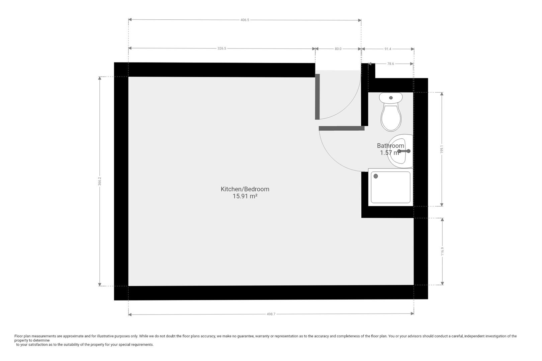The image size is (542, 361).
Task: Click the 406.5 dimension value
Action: (x=245, y=20)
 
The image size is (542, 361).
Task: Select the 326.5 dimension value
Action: (x=222, y=48)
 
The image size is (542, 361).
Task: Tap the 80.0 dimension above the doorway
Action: (x=338, y=49)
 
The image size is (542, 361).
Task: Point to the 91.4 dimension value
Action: (x=388, y=49)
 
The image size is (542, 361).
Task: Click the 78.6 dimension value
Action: (x=390, y=64)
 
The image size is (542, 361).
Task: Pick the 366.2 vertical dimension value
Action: (x=100, y=181)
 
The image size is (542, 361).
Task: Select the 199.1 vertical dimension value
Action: (x=442, y=149)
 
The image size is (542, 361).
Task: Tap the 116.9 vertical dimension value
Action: (x=442, y=251)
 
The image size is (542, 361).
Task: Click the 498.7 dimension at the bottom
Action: (x=271, y=314)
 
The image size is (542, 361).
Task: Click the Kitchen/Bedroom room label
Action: (x=245, y=189)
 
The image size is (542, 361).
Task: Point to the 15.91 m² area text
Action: (x=245, y=197)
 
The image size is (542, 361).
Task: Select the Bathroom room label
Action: (x=390, y=146)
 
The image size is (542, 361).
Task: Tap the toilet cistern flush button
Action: (x=391, y=98)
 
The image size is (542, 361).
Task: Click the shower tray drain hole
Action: (x=376, y=176)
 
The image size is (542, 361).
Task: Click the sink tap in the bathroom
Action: (x=404, y=151)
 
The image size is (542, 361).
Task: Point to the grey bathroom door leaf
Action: (x=342, y=128)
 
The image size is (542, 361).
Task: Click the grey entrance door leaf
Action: (x=318, y=97)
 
